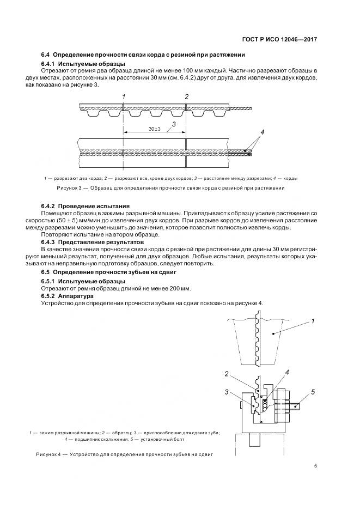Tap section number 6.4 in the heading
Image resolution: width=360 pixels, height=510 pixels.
(46, 55)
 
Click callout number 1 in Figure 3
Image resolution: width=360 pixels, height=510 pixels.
(124, 96)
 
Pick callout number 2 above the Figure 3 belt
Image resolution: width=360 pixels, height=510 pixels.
(186, 96)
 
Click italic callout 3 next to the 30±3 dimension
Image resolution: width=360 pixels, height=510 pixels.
(173, 124)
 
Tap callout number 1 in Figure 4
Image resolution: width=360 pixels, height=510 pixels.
(313, 321)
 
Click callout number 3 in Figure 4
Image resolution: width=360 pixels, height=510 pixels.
(226, 392)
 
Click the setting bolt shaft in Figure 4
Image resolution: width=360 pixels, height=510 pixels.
(294, 405)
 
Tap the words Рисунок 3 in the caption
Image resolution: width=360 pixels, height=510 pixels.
(69, 188)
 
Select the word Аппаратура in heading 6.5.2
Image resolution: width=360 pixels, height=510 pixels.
(81, 296)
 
